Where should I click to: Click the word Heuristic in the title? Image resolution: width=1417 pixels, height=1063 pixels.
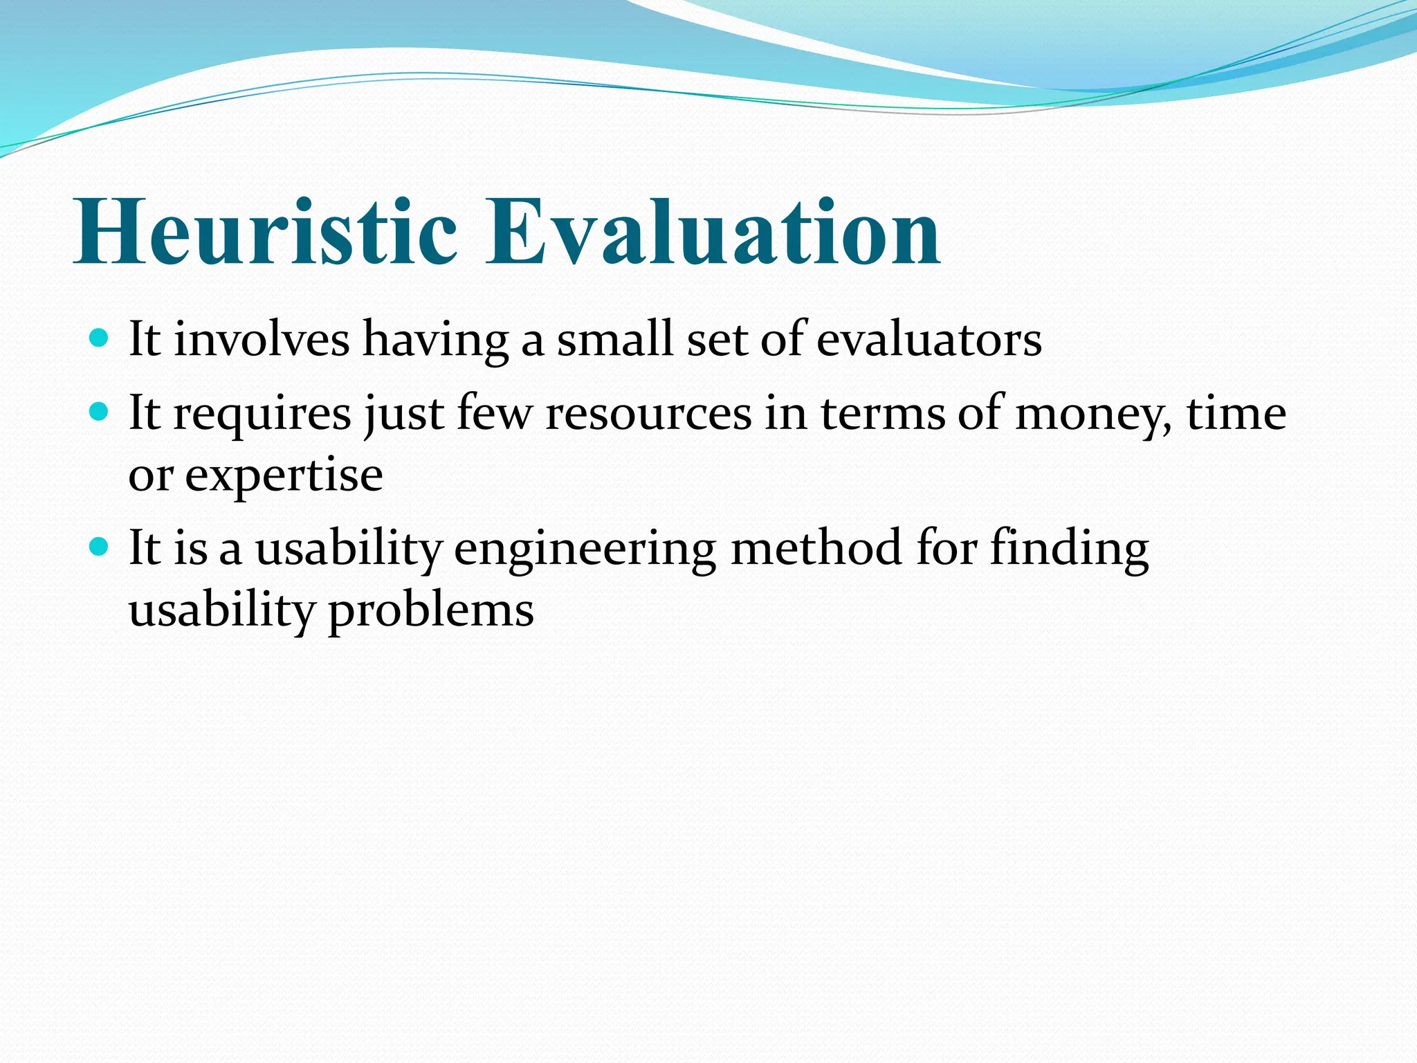click(266, 232)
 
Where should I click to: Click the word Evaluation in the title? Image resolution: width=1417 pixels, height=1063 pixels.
click(713, 232)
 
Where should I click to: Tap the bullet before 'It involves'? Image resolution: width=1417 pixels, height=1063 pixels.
click(100, 338)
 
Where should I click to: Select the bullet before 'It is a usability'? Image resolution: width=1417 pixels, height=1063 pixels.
click(100, 547)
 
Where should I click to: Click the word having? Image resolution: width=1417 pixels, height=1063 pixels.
click(436, 342)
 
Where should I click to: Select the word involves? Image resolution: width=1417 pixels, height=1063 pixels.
click(262, 340)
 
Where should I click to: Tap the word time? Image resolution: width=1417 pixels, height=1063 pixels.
click(1236, 413)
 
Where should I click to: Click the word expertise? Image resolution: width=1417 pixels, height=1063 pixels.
click(284, 477)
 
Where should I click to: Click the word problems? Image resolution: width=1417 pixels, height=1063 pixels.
click(430, 612)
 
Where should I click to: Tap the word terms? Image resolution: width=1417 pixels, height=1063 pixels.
click(882, 415)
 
